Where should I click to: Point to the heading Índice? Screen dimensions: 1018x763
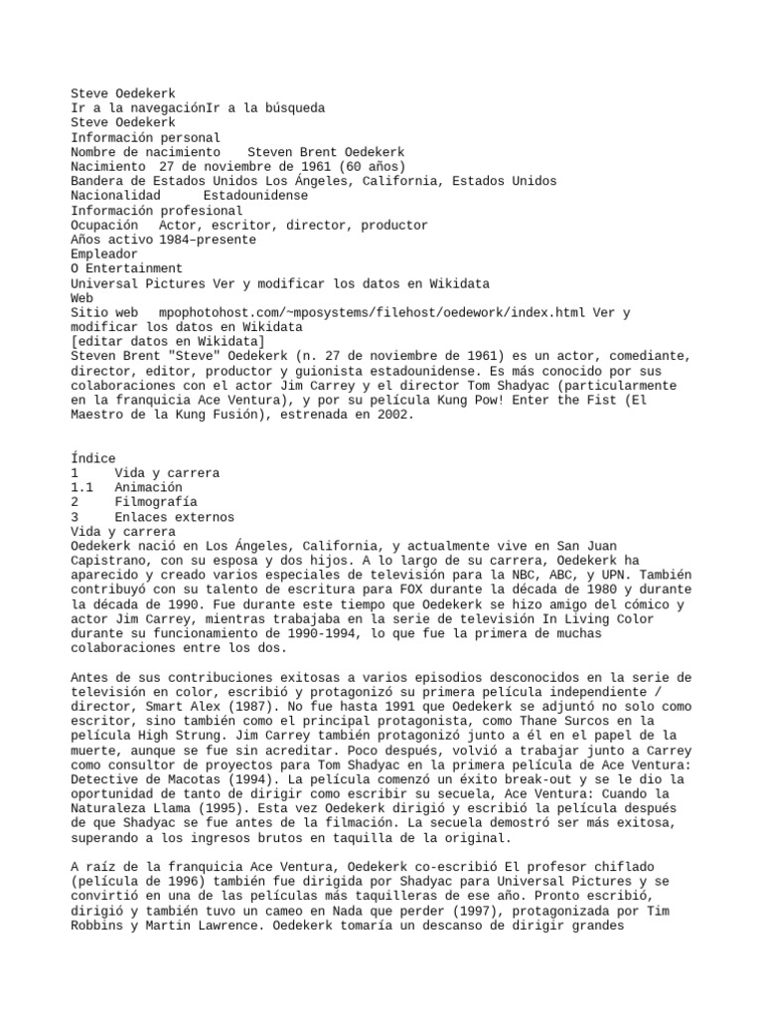(x=93, y=458)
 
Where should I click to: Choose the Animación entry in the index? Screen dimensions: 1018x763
(x=148, y=487)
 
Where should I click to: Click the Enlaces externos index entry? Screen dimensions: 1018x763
(x=174, y=517)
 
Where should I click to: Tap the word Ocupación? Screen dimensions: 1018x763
(x=103, y=225)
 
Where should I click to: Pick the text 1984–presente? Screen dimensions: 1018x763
(x=207, y=240)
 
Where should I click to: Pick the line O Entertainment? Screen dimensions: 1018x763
(x=126, y=268)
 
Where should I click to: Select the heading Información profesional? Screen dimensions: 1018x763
(x=156, y=210)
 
